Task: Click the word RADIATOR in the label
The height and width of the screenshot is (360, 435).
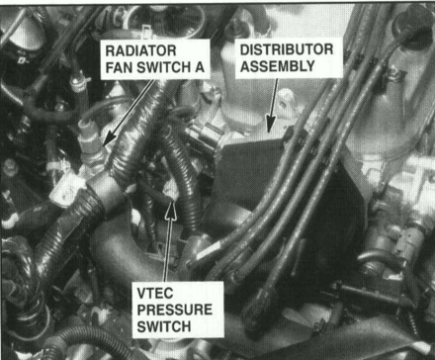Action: [140, 51]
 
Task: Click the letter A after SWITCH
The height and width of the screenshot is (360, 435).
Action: [200, 67]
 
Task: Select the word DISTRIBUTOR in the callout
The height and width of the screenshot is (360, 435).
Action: [287, 49]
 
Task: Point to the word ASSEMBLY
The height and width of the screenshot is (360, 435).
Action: [278, 66]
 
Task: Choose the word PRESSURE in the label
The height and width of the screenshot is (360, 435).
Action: [175, 310]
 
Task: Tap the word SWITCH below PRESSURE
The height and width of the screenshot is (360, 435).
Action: [164, 326]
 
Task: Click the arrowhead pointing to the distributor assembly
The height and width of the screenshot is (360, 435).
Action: [271, 125]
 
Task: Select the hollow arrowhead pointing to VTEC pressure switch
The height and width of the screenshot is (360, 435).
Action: [171, 210]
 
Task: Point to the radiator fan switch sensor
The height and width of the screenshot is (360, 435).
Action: [91, 145]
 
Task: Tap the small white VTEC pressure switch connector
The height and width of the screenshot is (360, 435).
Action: [171, 191]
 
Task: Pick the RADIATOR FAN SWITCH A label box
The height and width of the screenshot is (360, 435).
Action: [155, 59]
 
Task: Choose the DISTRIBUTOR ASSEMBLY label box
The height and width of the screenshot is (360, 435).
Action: [289, 58]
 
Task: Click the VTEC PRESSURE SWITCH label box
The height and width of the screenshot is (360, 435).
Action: [178, 310]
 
